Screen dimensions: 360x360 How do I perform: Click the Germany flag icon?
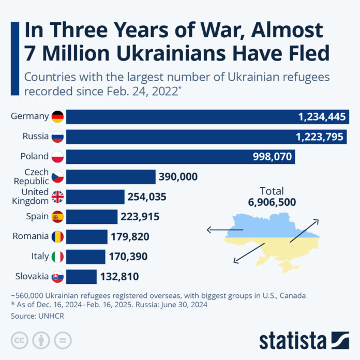coord(57,116)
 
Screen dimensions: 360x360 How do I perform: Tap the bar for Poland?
coord(181,157)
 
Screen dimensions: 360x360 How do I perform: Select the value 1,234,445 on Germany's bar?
coord(321,117)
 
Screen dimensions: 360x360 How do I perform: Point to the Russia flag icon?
coord(57,137)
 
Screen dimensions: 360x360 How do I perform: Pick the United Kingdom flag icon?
coord(57,197)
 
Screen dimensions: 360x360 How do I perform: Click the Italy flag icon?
coord(57,257)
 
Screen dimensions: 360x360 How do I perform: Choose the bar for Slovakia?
coord(81,276)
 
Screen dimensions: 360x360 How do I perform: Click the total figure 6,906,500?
coord(272,202)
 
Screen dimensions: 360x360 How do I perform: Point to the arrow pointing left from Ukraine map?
coord(224,229)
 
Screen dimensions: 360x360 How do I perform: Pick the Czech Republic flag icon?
coord(57,177)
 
